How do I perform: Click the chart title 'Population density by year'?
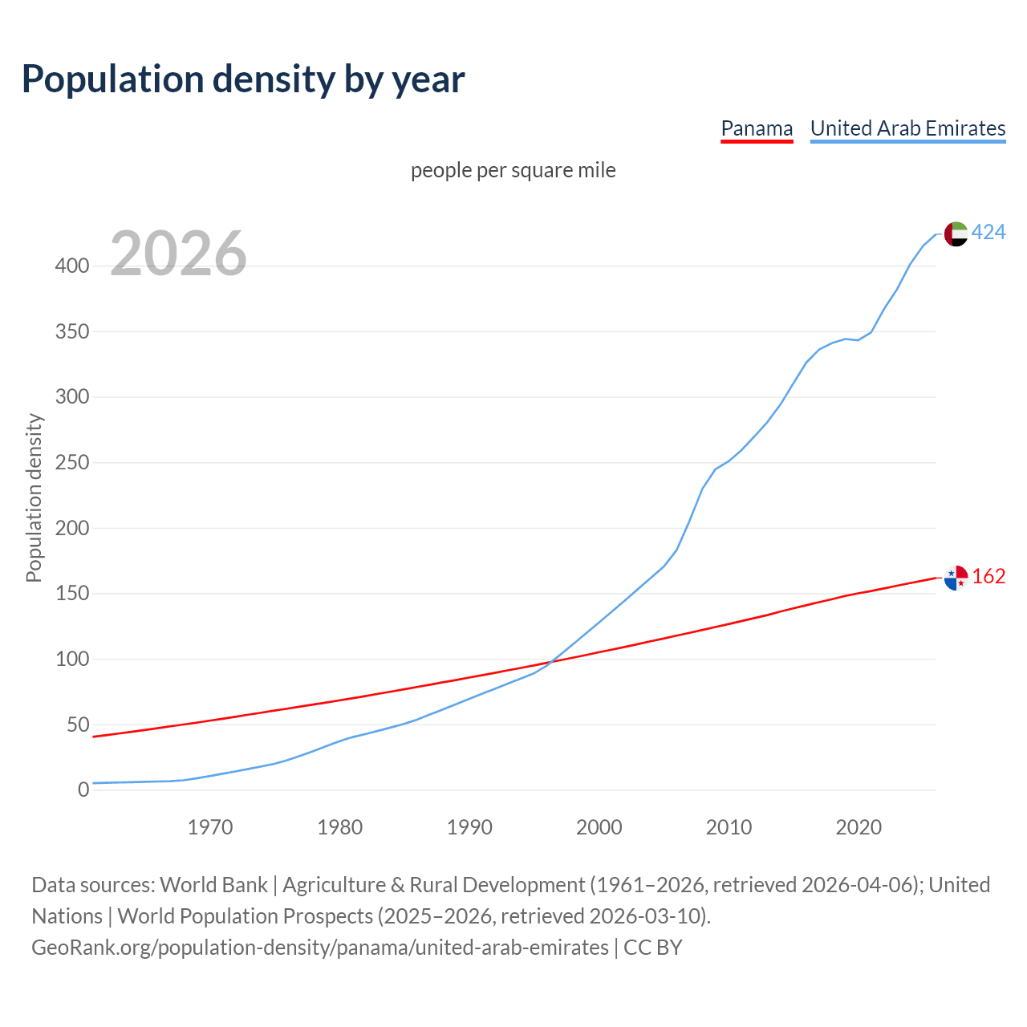(243, 79)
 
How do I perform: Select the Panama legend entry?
(757, 128)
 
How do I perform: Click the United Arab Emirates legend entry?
(907, 128)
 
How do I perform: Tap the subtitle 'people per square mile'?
(513, 170)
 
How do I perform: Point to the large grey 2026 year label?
(178, 254)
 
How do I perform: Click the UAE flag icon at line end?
(956, 233)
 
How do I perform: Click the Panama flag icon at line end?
(956, 577)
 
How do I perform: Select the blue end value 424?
(988, 233)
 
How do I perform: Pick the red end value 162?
(988, 577)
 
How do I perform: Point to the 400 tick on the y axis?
(71, 266)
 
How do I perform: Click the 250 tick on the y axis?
(71, 463)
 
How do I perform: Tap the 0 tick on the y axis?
(83, 790)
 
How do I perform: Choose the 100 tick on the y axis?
(71, 660)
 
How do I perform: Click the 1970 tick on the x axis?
(210, 827)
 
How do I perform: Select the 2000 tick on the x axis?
(599, 827)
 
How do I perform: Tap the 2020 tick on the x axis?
(859, 827)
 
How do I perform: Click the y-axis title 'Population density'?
(34, 497)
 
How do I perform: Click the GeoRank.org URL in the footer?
(319, 948)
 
